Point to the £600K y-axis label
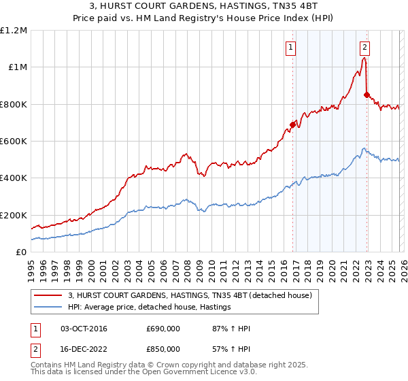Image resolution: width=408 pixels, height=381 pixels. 14,142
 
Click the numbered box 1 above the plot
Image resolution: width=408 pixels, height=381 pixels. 291,47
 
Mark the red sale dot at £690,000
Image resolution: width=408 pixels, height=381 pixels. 293,125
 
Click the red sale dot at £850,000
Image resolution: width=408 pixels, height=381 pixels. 367,95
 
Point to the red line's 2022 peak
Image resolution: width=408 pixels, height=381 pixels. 364,59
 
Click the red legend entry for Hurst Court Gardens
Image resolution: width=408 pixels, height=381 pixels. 190,295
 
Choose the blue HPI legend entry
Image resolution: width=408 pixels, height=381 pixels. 150,308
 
